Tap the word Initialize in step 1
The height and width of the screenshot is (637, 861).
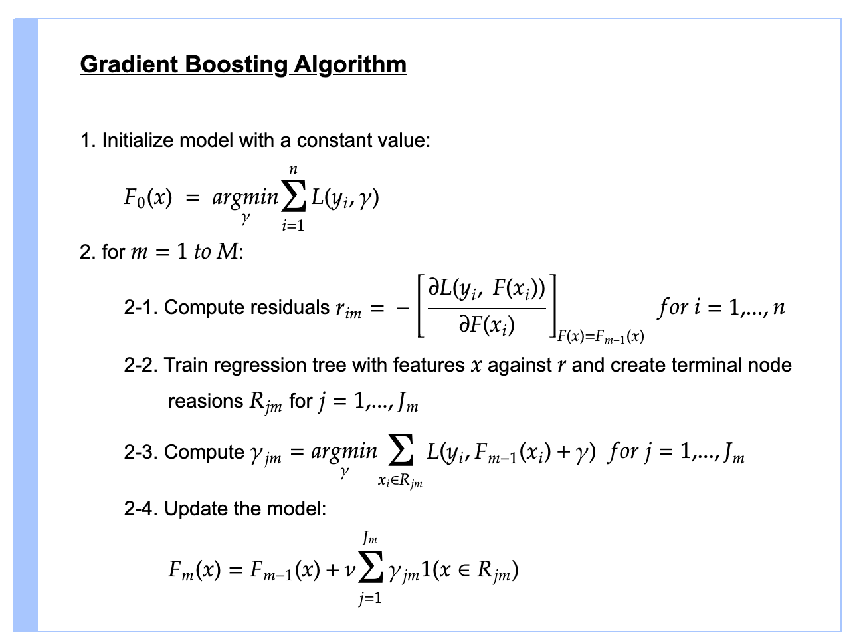(138, 140)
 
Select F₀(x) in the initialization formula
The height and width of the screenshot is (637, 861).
(147, 197)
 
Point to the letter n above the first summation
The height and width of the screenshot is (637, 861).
(293, 170)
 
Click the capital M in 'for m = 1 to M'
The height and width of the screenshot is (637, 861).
(227, 252)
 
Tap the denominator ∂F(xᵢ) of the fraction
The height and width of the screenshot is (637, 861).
(487, 325)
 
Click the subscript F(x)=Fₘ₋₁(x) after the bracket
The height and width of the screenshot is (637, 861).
(601, 336)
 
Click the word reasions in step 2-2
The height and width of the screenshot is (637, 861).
(206, 402)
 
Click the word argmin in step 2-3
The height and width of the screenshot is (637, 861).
(344, 452)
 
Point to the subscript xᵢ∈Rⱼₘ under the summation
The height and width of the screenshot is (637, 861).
(401, 481)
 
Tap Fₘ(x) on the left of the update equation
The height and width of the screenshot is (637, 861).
(194, 571)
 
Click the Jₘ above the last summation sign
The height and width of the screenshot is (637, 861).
(370, 537)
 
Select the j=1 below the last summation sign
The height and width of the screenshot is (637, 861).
(370, 599)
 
